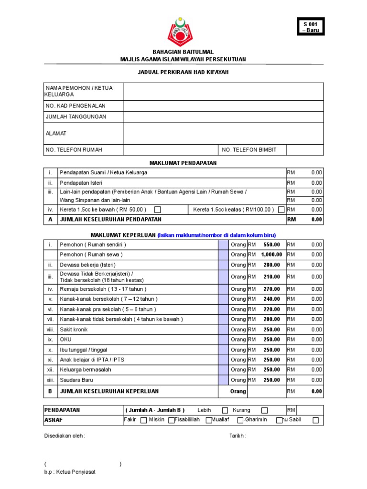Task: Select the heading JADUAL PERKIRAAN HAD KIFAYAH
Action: [x=183, y=72]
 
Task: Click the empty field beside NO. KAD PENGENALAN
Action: [x=223, y=106]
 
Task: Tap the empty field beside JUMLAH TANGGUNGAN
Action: [x=223, y=117]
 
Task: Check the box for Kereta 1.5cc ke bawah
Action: [x=158, y=210]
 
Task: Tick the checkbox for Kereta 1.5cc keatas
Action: [x=281, y=210]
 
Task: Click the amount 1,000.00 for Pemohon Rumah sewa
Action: [x=271, y=255]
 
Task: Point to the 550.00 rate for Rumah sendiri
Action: [x=272, y=244]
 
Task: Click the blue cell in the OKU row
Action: [x=223, y=340]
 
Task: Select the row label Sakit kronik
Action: [x=74, y=330]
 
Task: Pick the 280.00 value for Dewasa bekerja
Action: [x=272, y=265]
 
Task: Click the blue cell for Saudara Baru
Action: [x=223, y=380]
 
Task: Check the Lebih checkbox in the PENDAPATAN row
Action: [x=225, y=410]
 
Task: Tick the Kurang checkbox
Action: [x=264, y=410]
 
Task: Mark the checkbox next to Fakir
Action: [x=143, y=420]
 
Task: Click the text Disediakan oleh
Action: [x=65, y=436]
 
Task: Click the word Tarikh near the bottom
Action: [x=237, y=436]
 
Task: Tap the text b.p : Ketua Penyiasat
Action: [x=69, y=472]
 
